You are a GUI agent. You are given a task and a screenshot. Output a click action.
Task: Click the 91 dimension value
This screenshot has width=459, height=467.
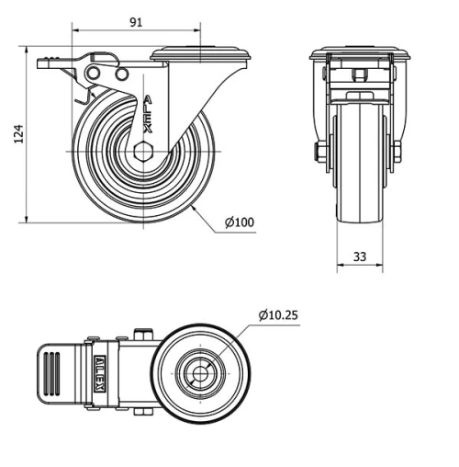(135, 23)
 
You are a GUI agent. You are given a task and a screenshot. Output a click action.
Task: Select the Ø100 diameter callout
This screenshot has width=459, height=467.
(239, 222)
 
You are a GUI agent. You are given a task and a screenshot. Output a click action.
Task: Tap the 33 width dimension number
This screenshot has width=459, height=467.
(361, 257)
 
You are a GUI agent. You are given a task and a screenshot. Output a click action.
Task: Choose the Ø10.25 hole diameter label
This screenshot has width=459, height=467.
(278, 315)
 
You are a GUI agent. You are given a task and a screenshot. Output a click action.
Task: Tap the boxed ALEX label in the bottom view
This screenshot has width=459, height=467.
(99, 373)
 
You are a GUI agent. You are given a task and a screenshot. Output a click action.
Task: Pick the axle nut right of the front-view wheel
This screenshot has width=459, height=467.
(397, 152)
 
